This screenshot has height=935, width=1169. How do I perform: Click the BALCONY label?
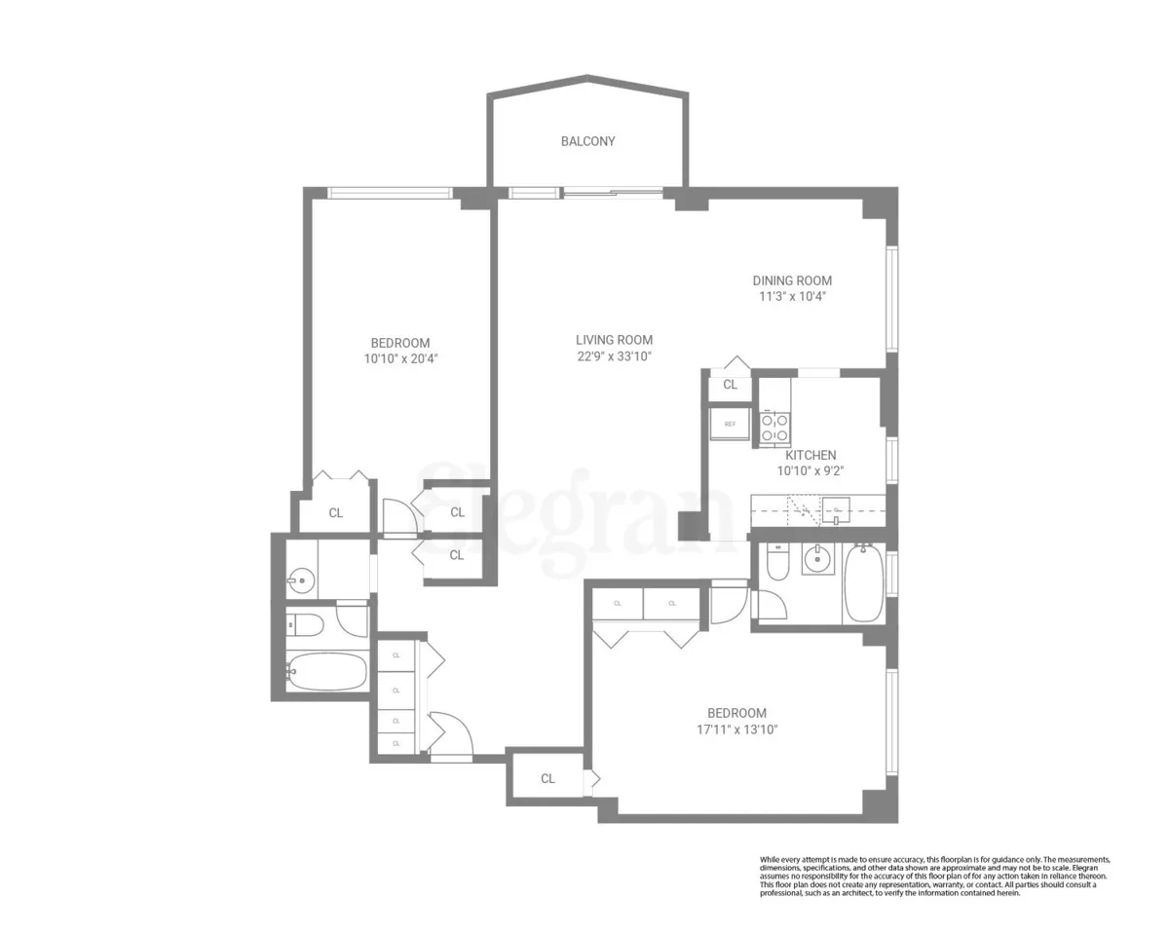(587, 141)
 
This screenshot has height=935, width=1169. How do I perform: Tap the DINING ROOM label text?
(791, 280)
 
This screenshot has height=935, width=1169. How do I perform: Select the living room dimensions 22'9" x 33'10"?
(613, 356)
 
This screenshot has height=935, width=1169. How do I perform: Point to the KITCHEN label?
(811, 455)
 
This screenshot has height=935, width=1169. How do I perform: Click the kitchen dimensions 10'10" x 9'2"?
(810, 470)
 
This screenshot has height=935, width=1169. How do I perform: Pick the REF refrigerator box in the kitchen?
(730, 424)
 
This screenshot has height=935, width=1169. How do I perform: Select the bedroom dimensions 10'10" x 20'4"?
(399, 358)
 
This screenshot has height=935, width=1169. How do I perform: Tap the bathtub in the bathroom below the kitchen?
(863, 584)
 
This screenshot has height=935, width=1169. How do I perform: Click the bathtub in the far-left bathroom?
(326, 671)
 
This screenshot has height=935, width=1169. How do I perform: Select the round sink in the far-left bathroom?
(301, 582)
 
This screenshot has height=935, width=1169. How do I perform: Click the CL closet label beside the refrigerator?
(730, 385)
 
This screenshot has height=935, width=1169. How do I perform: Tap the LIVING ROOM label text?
(614, 340)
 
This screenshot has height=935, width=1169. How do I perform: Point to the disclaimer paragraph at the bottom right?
(934, 876)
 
